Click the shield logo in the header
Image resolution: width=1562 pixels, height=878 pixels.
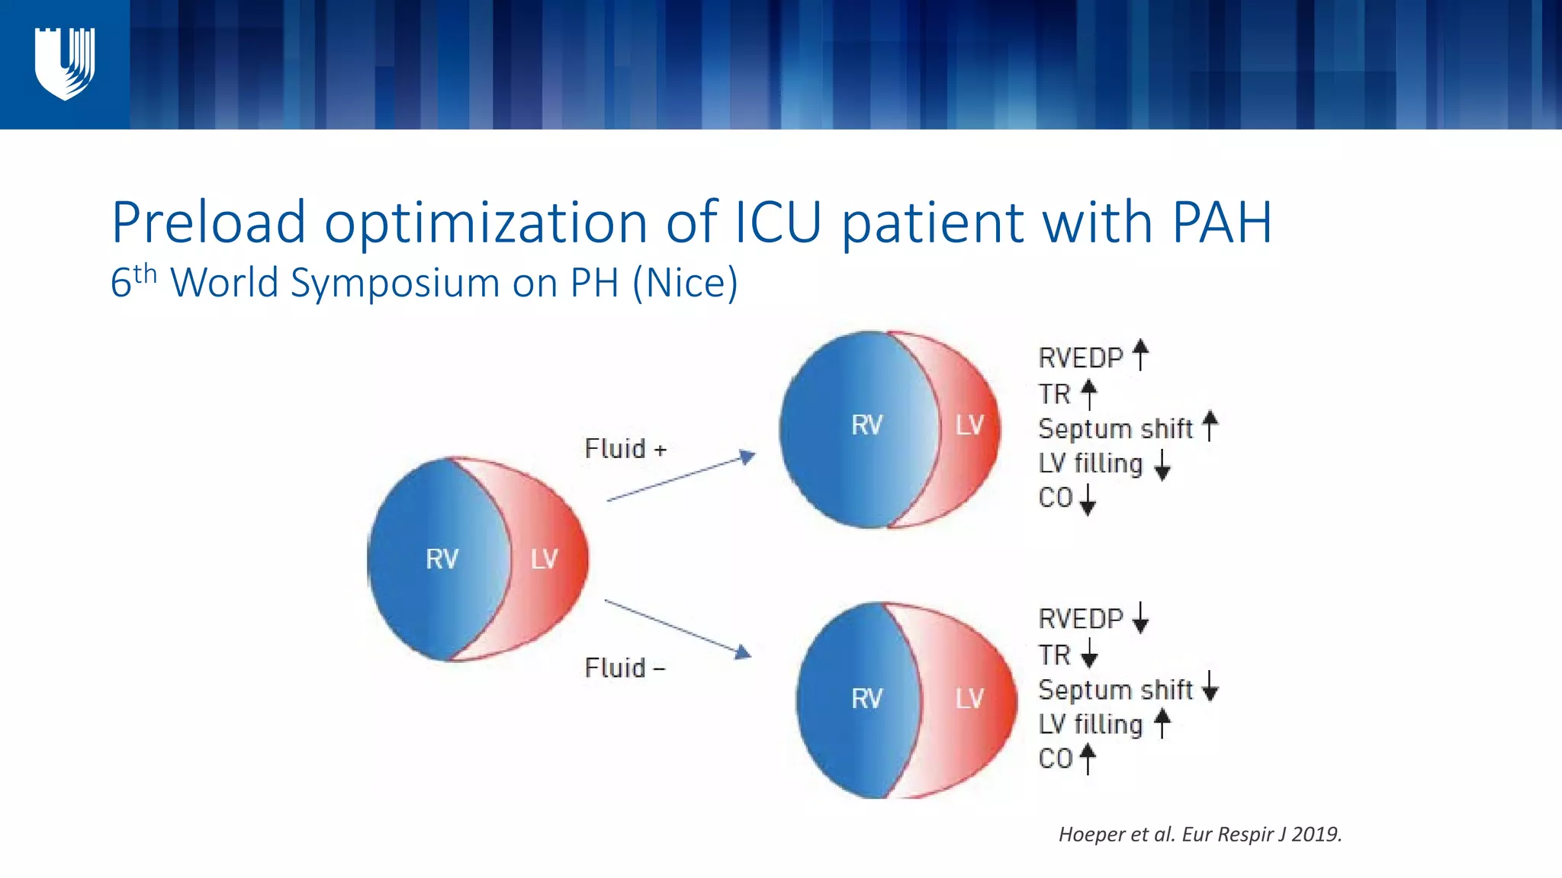tap(65, 64)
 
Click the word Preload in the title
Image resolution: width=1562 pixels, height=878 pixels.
tap(208, 223)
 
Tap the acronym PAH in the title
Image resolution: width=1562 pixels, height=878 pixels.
tap(1221, 223)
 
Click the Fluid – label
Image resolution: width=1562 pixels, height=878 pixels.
tap(625, 668)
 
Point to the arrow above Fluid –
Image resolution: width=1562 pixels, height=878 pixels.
tap(677, 628)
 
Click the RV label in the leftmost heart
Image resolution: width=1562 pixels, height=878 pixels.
tap(442, 559)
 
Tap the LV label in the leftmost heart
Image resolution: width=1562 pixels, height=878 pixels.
tap(545, 559)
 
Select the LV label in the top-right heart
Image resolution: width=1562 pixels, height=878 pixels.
tap(969, 425)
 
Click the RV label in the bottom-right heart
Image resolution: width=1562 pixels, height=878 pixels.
tap(866, 699)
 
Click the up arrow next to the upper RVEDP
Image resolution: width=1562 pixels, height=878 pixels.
tap(1140, 355)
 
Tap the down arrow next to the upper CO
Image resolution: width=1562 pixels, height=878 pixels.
tap(1088, 499)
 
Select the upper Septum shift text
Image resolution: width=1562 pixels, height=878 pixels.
tap(1115, 429)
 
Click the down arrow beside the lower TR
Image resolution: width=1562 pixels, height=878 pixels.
tap(1089, 653)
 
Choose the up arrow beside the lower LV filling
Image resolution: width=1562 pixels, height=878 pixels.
tap(1162, 723)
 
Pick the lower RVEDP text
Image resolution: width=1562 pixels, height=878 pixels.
tap(1081, 619)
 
